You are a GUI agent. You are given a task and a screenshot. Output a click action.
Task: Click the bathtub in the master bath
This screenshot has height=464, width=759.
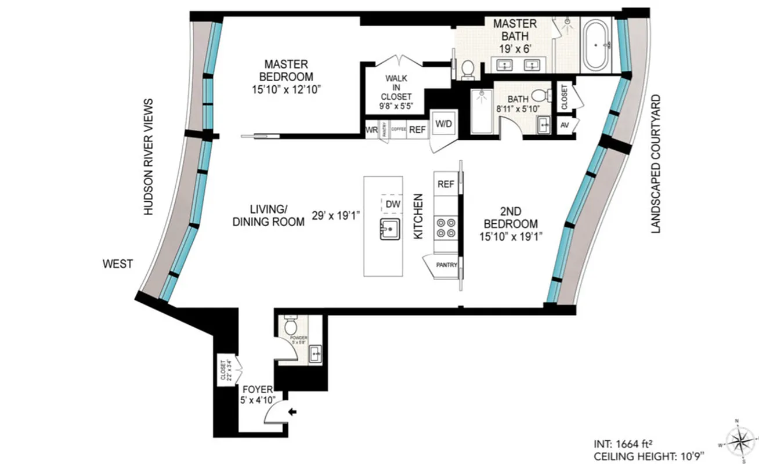tap(596, 45)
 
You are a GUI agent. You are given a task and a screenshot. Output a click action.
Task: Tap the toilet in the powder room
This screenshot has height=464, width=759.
tap(291, 328)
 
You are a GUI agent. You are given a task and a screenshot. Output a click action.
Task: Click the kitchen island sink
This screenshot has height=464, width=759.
tap(391, 229)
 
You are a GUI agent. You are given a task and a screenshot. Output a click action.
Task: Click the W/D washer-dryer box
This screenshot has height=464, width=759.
tap(444, 124)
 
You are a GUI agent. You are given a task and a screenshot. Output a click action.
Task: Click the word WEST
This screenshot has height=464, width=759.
tap(118, 264)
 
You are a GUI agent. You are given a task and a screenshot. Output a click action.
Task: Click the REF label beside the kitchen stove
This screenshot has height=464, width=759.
tap(446, 184)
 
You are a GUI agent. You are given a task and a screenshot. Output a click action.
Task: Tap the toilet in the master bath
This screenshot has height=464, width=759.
tap(467, 70)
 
